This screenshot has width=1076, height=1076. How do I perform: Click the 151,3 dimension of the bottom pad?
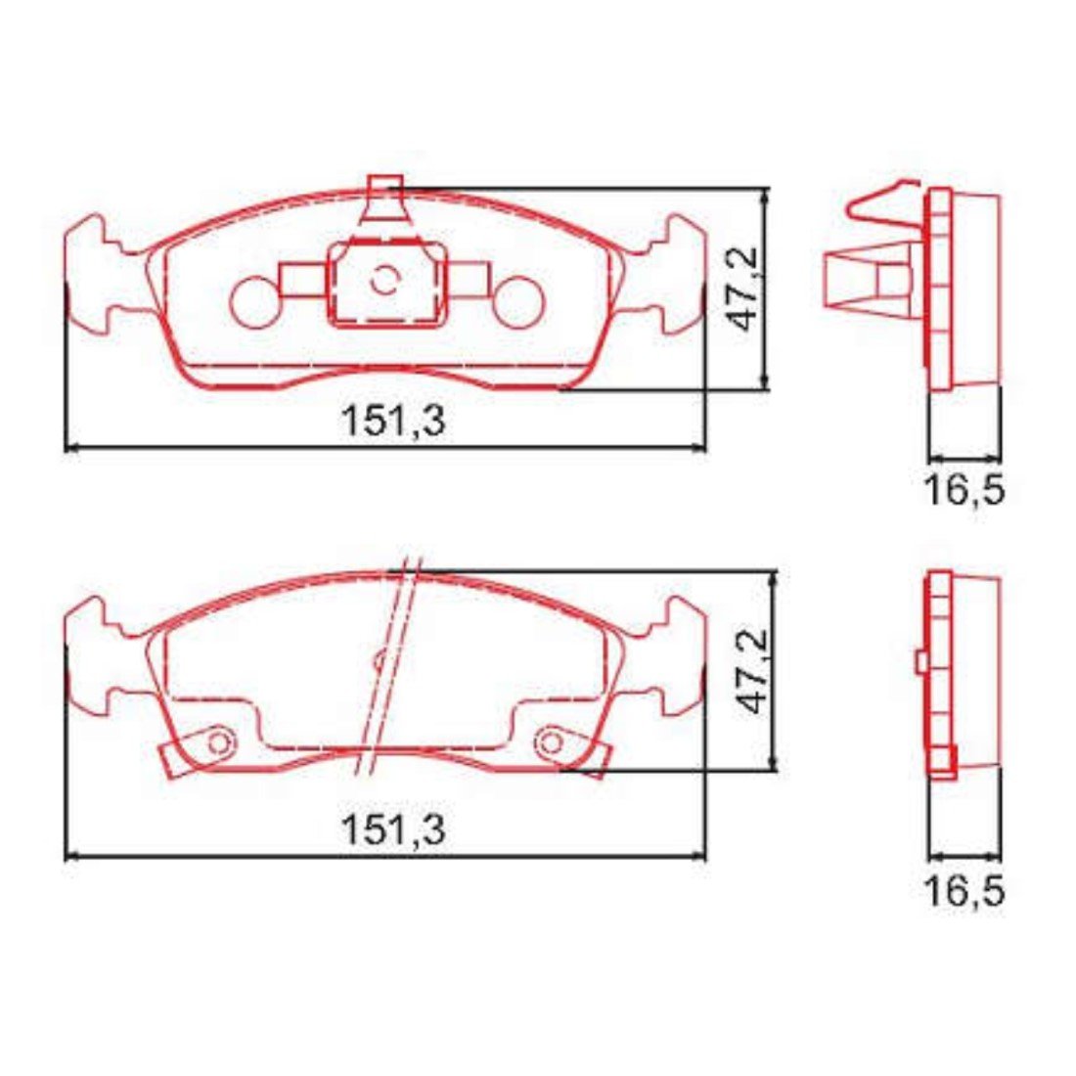coord(393,829)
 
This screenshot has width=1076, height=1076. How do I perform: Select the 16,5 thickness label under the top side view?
coord(964,490)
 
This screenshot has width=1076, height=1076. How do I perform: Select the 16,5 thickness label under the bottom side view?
coord(964,892)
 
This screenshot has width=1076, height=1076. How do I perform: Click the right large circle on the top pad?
coord(518,302)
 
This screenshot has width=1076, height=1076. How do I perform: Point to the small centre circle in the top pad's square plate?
coord(384,280)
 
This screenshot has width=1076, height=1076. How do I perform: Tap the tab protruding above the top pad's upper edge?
coord(384,199)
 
